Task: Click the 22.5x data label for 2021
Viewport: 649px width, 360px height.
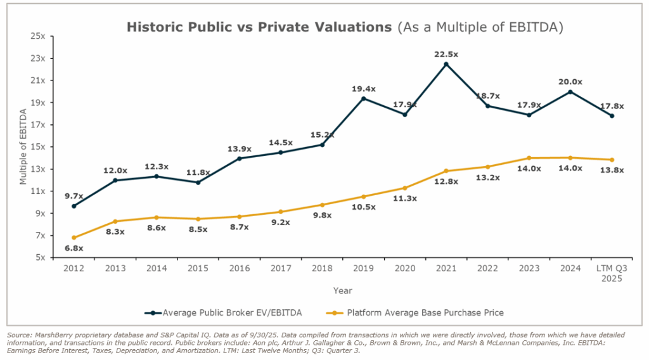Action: (x=447, y=54)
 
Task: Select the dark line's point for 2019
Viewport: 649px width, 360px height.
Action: (x=363, y=98)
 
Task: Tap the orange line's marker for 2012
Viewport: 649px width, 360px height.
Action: (x=74, y=238)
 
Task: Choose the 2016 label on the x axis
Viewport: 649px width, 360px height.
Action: (x=240, y=267)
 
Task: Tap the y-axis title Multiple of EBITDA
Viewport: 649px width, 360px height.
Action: (x=23, y=146)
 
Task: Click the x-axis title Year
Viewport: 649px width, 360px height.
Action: (x=343, y=290)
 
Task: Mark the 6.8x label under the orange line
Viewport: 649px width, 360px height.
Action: (x=74, y=248)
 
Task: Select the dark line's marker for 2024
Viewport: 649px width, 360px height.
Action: (x=570, y=92)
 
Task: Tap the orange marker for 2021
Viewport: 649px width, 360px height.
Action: (x=446, y=171)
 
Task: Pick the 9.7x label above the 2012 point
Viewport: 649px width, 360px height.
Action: (x=74, y=196)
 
